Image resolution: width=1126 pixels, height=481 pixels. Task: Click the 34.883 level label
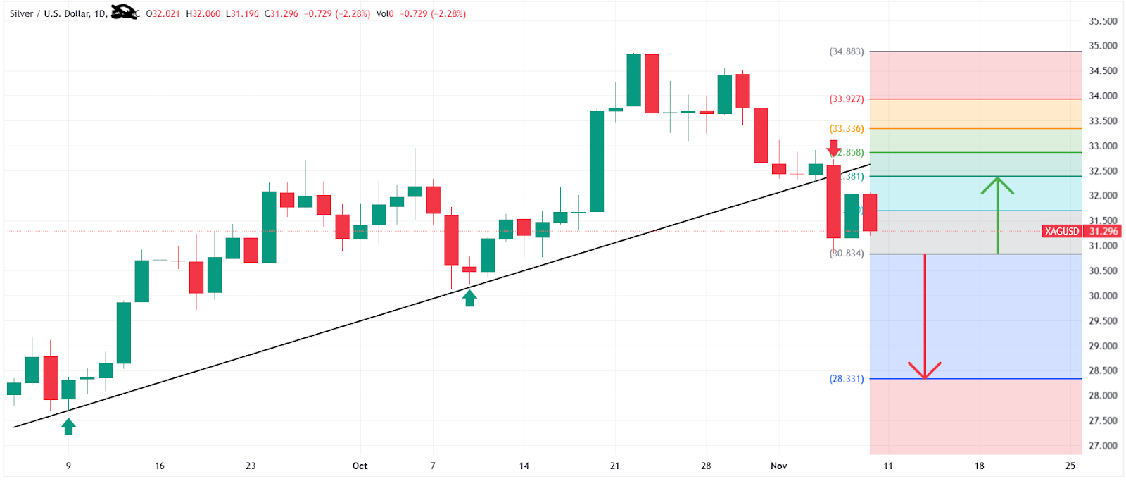point(847,51)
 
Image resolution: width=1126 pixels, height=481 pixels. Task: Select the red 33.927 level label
point(847,99)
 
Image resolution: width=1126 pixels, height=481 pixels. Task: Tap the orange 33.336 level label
point(847,129)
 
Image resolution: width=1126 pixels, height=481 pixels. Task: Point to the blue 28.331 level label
point(847,379)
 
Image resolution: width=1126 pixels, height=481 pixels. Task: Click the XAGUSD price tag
point(1062,231)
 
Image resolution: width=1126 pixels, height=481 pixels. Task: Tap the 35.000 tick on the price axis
point(1103,46)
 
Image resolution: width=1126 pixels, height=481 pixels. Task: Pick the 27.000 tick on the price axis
point(1103,446)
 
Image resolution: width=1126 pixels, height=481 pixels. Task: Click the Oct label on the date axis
point(360,466)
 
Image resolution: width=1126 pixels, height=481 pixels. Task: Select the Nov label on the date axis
point(778,466)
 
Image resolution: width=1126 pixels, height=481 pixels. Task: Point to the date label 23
point(251,466)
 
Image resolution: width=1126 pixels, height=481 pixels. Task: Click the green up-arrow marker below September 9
point(68,426)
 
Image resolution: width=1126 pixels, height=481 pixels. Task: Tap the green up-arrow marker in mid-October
point(469,298)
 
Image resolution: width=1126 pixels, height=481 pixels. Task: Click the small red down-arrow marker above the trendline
point(833,148)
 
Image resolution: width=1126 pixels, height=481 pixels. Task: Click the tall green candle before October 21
point(597,161)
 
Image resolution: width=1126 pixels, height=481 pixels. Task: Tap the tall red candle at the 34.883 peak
point(652,84)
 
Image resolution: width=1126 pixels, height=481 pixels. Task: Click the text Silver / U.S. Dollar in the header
point(50,13)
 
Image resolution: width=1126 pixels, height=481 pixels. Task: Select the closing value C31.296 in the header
point(281,13)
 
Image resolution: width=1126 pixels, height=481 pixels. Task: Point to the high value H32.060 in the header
point(203,13)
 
